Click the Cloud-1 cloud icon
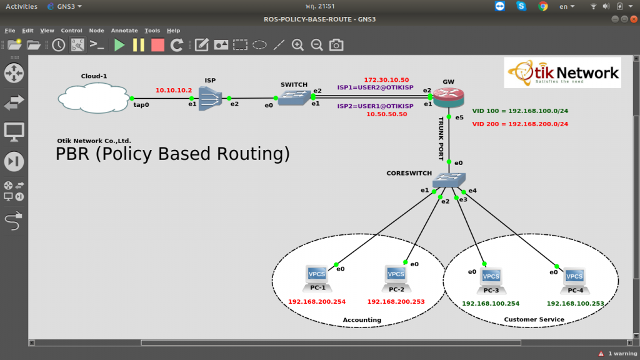(94, 97)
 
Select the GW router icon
(449, 97)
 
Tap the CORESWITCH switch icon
(449, 179)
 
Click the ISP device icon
(210, 98)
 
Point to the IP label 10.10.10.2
(174, 90)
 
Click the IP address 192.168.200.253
(396, 302)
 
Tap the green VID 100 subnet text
(520, 111)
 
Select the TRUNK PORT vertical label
(441, 139)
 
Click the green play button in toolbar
(119, 45)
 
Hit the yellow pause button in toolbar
(139, 45)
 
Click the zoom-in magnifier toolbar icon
(298, 45)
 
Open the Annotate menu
(124, 31)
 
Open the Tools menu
(152, 31)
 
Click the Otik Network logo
(562, 72)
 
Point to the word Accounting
(362, 320)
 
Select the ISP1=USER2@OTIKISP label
(375, 87)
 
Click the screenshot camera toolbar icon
(336, 45)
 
